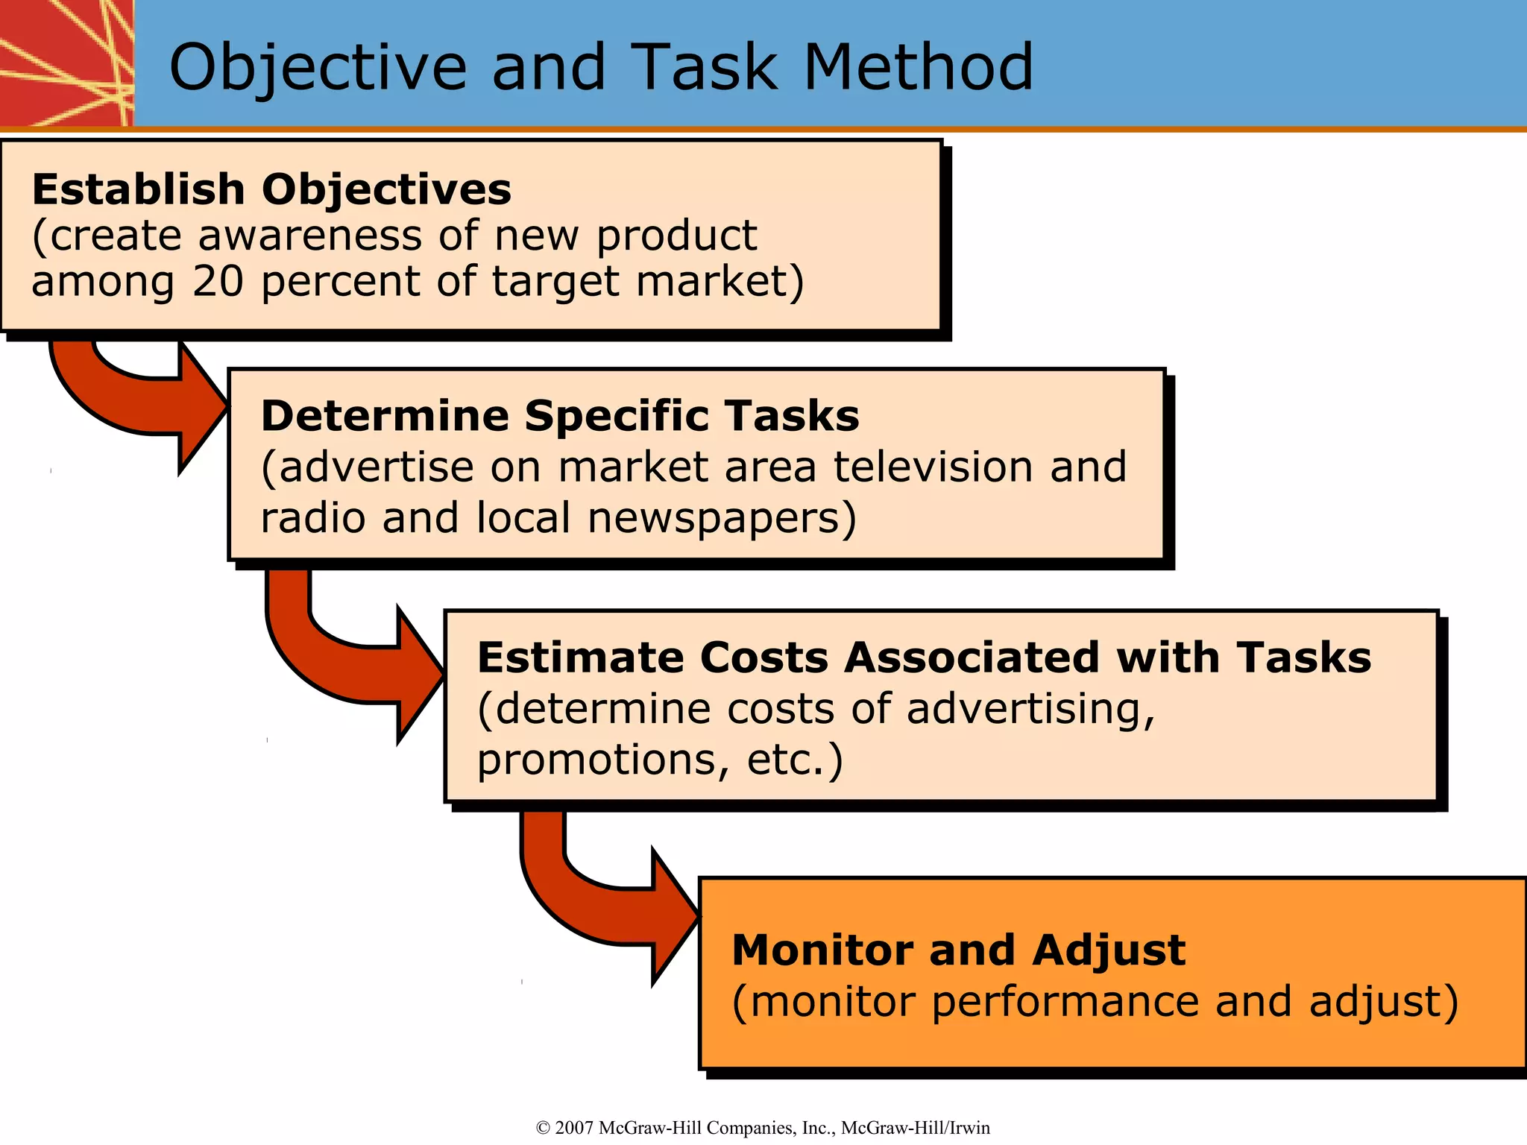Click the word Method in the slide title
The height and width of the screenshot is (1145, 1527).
point(918,67)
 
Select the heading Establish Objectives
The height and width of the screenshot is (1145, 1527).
point(271,189)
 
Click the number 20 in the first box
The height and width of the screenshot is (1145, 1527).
point(218,282)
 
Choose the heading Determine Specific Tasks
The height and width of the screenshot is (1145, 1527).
point(560,416)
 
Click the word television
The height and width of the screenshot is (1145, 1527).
point(933,467)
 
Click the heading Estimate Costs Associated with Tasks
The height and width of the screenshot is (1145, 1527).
point(924,657)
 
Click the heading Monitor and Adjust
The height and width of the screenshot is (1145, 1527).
point(958,950)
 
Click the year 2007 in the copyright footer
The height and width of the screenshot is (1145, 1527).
point(574,1128)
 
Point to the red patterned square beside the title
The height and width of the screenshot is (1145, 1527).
point(66,63)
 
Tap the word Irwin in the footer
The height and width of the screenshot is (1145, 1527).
point(969,1128)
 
